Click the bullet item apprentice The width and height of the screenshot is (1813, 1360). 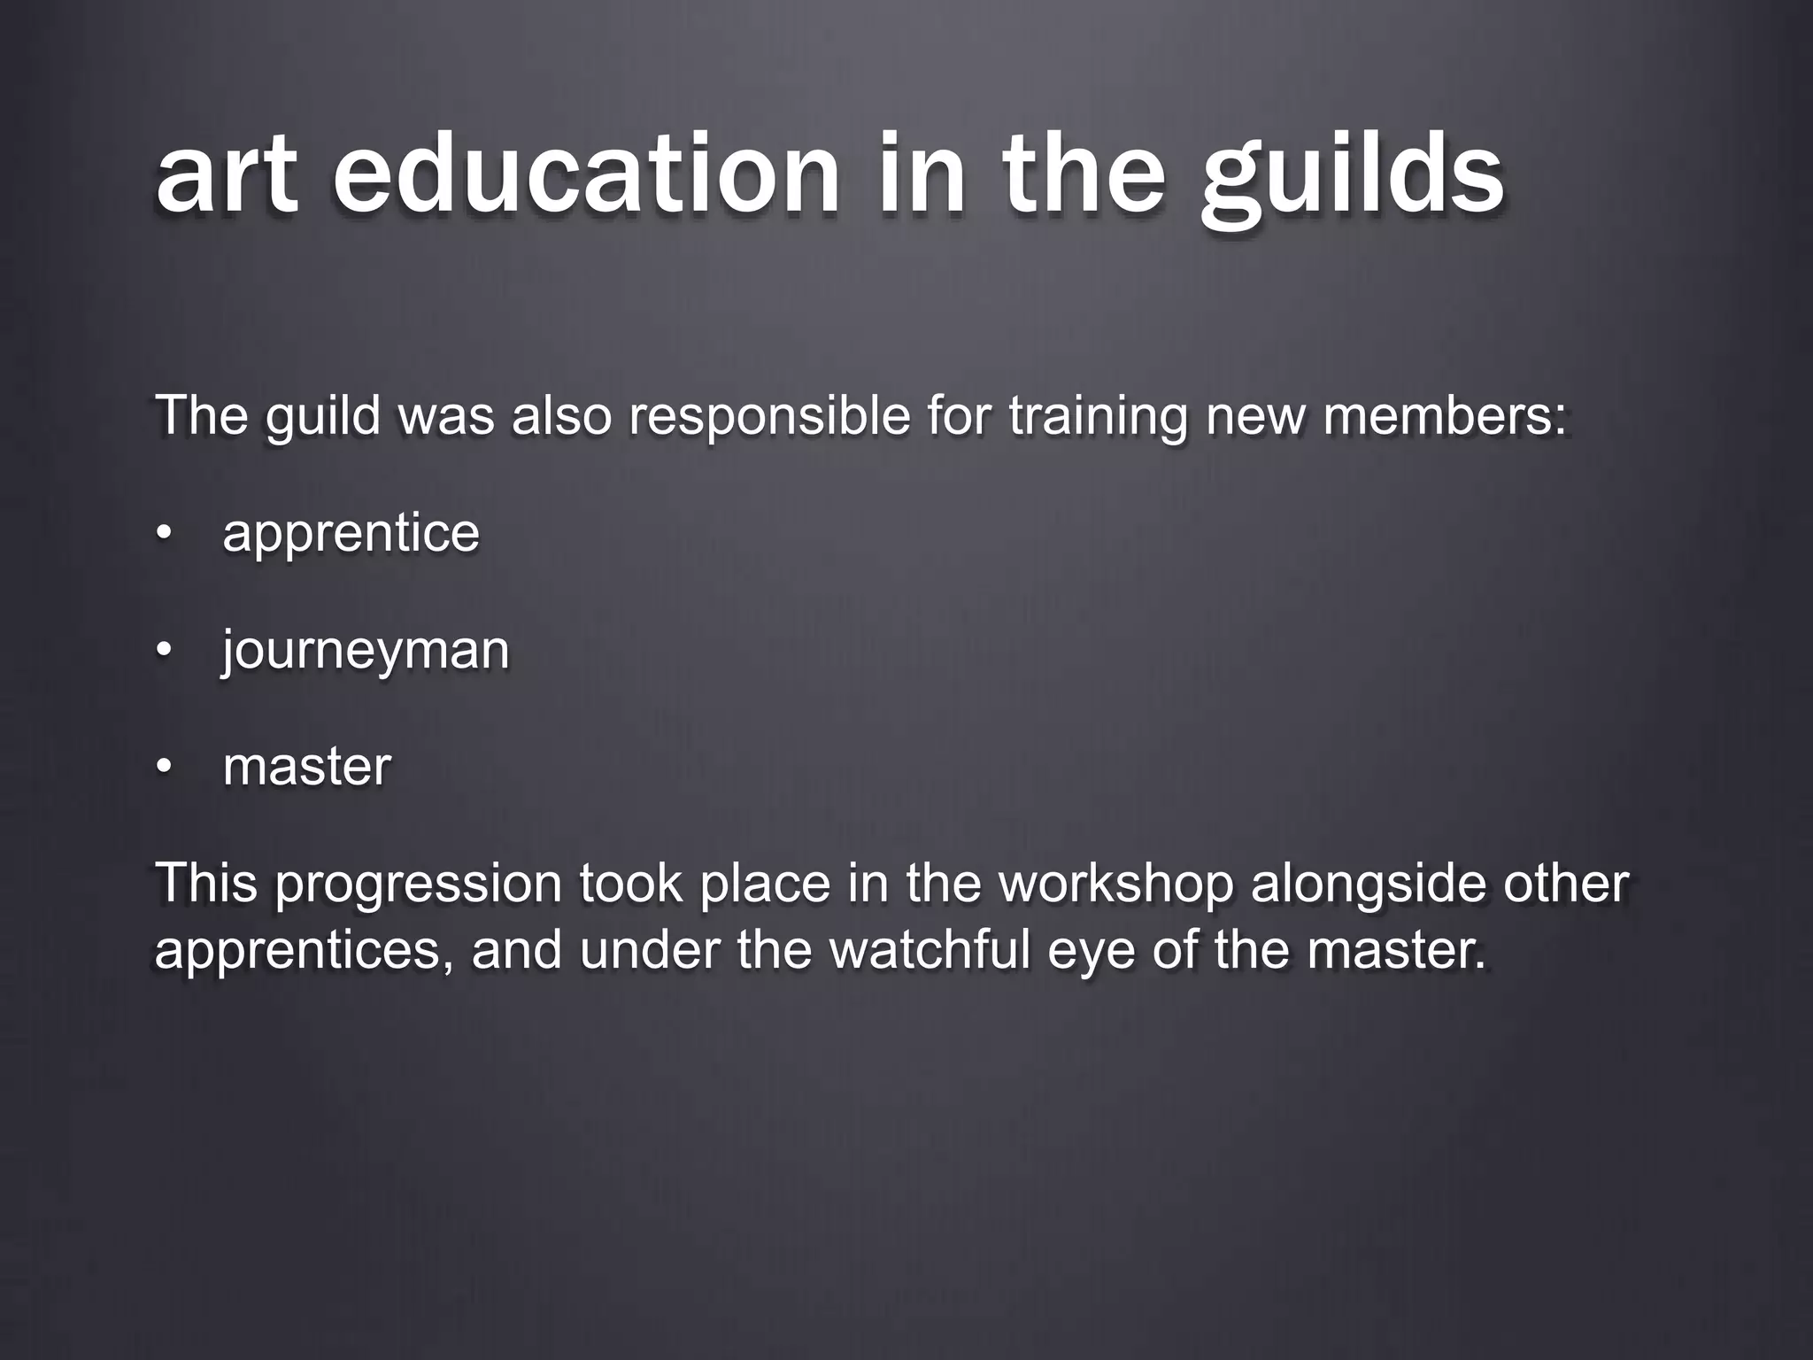coord(351,533)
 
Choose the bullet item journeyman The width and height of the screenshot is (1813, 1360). coord(366,652)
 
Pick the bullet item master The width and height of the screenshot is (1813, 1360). coord(306,767)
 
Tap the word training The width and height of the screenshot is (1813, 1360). coord(1098,416)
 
